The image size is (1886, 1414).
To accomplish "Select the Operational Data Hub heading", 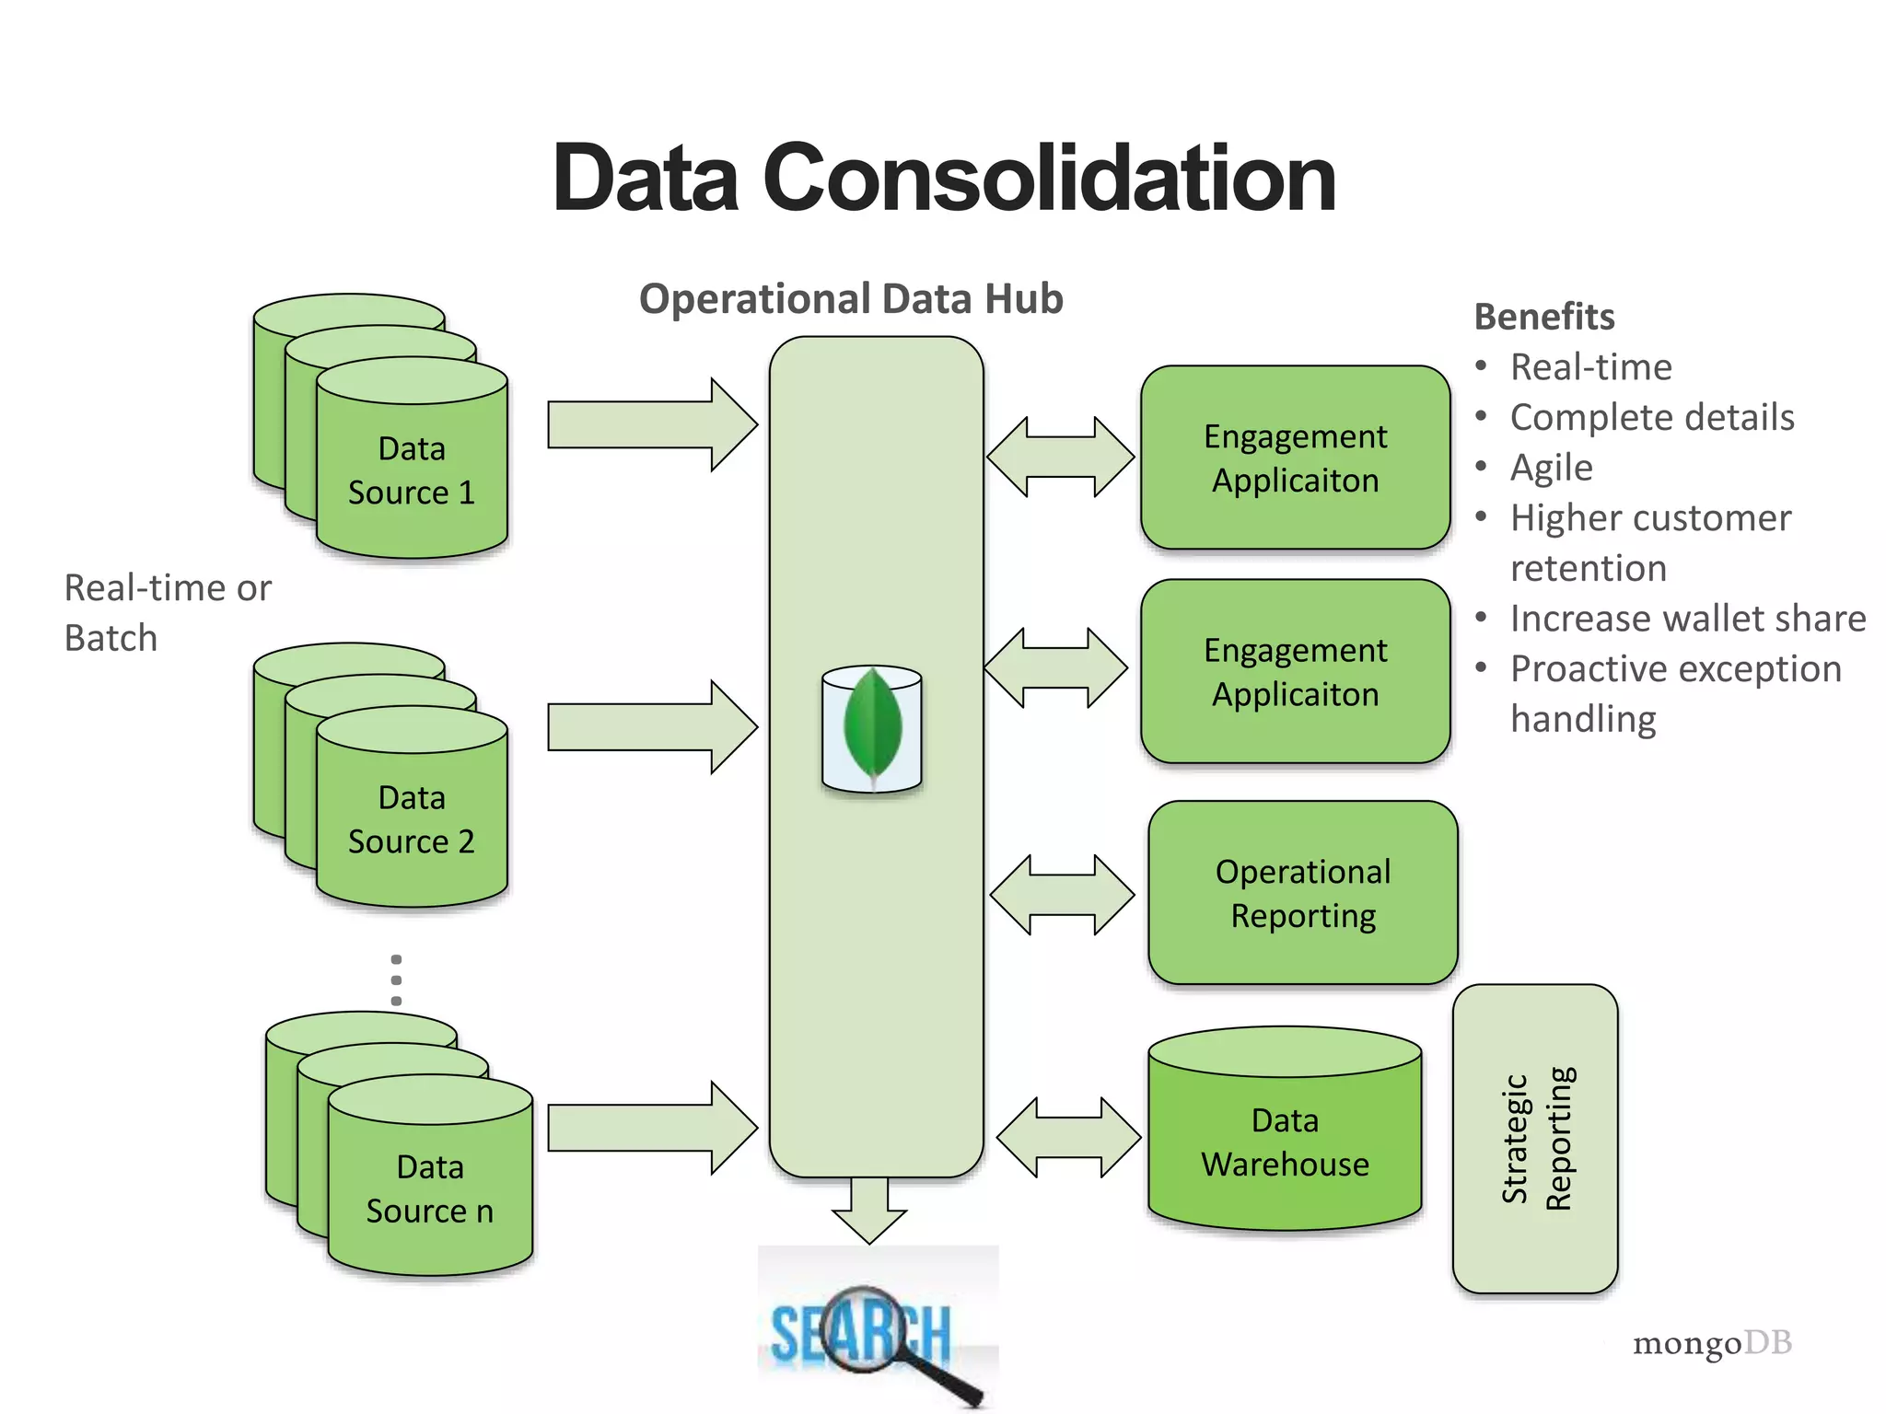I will (x=851, y=299).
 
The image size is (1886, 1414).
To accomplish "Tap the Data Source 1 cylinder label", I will (x=412, y=470).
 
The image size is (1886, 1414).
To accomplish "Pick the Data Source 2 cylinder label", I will (x=412, y=819).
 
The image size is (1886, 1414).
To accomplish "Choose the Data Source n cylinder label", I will (x=430, y=1188).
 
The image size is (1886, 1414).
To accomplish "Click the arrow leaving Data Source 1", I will (x=651, y=424).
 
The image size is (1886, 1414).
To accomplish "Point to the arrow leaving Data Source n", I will (x=651, y=1128).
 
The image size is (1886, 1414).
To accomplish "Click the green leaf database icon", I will (x=872, y=727).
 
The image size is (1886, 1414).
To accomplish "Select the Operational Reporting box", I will (x=1303, y=893).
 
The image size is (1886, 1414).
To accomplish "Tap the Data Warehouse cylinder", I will (x=1285, y=1142).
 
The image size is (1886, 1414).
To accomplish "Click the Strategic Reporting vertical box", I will (x=1535, y=1139).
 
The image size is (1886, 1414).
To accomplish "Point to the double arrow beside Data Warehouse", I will (x=1068, y=1137).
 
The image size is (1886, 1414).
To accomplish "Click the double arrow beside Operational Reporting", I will (x=1062, y=895).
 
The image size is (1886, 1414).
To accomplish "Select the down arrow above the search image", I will (x=869, y=1209).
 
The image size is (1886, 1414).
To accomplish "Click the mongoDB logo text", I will (x=1712, y=1343).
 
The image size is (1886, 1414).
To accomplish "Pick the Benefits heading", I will (x=1544, y=317).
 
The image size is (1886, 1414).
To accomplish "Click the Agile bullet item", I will (x=1552, y=468).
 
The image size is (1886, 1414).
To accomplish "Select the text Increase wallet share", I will (x=1688, y=619).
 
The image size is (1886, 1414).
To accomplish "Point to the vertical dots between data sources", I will (x=396, y=979).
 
